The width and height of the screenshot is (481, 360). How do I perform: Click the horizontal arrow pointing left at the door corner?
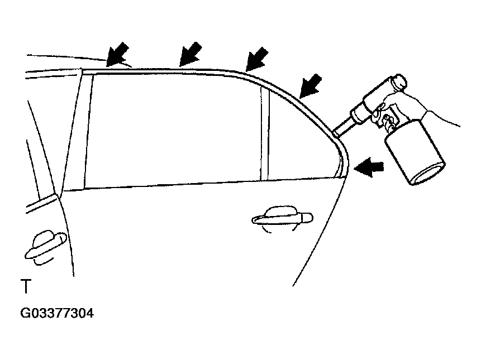pos(369,167)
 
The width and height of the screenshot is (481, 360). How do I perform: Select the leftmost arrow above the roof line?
pos(117,55)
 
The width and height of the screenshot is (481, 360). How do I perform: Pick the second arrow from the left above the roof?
pos(191,54)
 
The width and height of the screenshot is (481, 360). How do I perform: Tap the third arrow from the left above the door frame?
pos(257,59)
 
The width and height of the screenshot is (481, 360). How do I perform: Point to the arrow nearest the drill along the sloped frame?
pos(311,86)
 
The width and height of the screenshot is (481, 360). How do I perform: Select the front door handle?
pos(46,247)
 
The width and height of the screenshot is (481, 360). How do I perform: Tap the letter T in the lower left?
pos(26,286)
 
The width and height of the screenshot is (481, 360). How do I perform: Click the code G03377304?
pos(57,314)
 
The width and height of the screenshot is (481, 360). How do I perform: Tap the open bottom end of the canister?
pos(428,175)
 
